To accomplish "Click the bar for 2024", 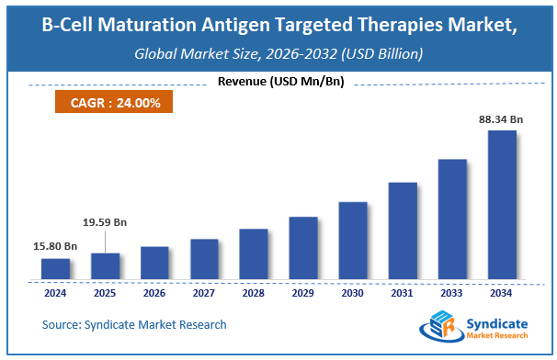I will [55, 268].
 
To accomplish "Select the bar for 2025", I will [105, 265].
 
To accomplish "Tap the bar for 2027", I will [204, 258].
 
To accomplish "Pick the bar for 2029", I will [303, 247].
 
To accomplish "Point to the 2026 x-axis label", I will [154, 294].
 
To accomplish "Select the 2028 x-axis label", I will [254, 294].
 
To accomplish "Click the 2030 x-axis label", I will [353, 294].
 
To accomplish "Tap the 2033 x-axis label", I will [452, 294].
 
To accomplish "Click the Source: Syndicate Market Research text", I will [134, 324].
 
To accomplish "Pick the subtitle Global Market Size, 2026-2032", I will [278, 54].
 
